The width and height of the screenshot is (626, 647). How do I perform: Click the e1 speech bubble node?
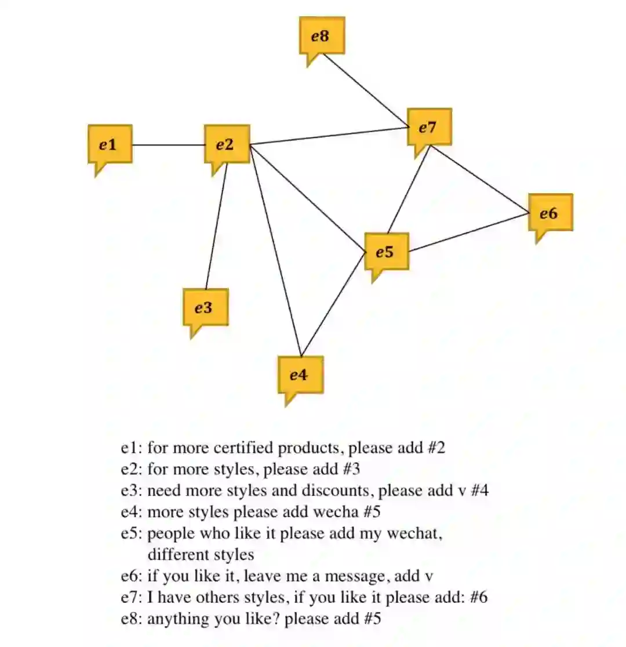click(x=110, y=144)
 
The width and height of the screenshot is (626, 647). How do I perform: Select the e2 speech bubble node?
click(x=227, y=144)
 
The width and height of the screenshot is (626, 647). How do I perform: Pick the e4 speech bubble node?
click(x=300, y=375)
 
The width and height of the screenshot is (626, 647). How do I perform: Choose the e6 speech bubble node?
click(x=550, y=213)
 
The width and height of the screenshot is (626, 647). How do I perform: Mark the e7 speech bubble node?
click(x=429, y=128)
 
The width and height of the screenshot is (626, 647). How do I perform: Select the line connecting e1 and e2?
click(x=169, y=144)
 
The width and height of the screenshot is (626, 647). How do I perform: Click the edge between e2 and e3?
click(x=216, y=226)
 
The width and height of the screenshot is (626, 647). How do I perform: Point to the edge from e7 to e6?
click(x=480, y=178)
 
